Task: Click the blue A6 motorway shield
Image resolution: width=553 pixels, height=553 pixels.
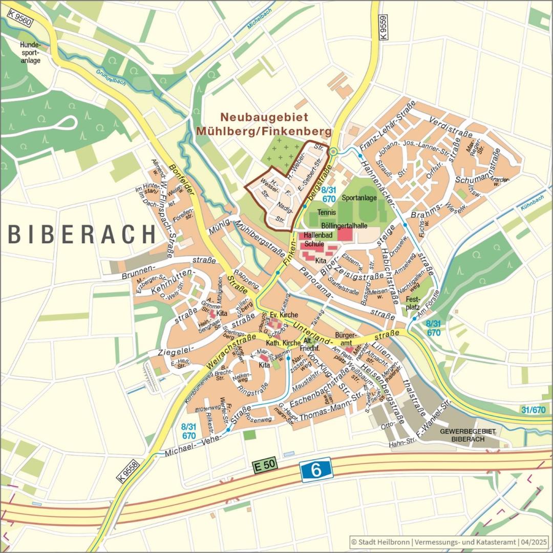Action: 316,470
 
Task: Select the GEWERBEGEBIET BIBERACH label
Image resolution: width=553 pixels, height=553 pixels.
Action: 467,436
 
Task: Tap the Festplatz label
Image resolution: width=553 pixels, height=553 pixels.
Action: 413,303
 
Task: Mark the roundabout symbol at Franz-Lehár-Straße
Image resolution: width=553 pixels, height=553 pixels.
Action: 333,151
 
